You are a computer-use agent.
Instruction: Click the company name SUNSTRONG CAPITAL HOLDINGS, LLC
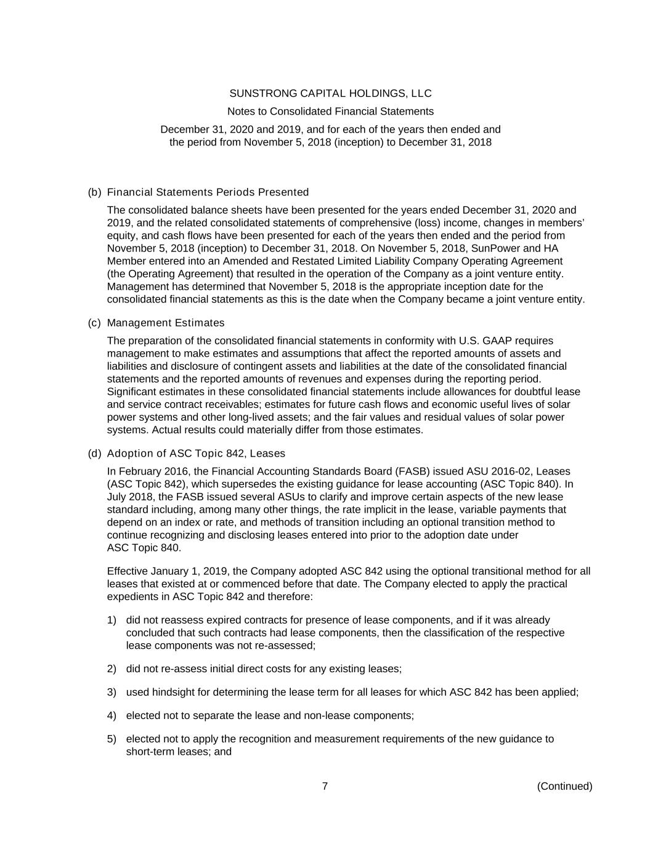[x=330, y=94]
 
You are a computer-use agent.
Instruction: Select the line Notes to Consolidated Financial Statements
[x=330, y=112]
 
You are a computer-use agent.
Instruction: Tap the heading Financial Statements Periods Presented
[x=208, y=192]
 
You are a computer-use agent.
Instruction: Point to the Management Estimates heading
[x=166, y=323]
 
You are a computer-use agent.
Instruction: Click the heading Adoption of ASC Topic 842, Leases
[x=196, y=453]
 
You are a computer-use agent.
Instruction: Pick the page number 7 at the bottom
[x=325, y=786]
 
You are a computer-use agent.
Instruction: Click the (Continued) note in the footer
[x=564, y=786]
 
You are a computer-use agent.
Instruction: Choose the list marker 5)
[x=112, y=739]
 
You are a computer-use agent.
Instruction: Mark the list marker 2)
[x=112, y=668]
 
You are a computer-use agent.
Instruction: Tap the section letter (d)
[x=94, y=453]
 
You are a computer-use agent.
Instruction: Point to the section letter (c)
[x=94, y=323]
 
